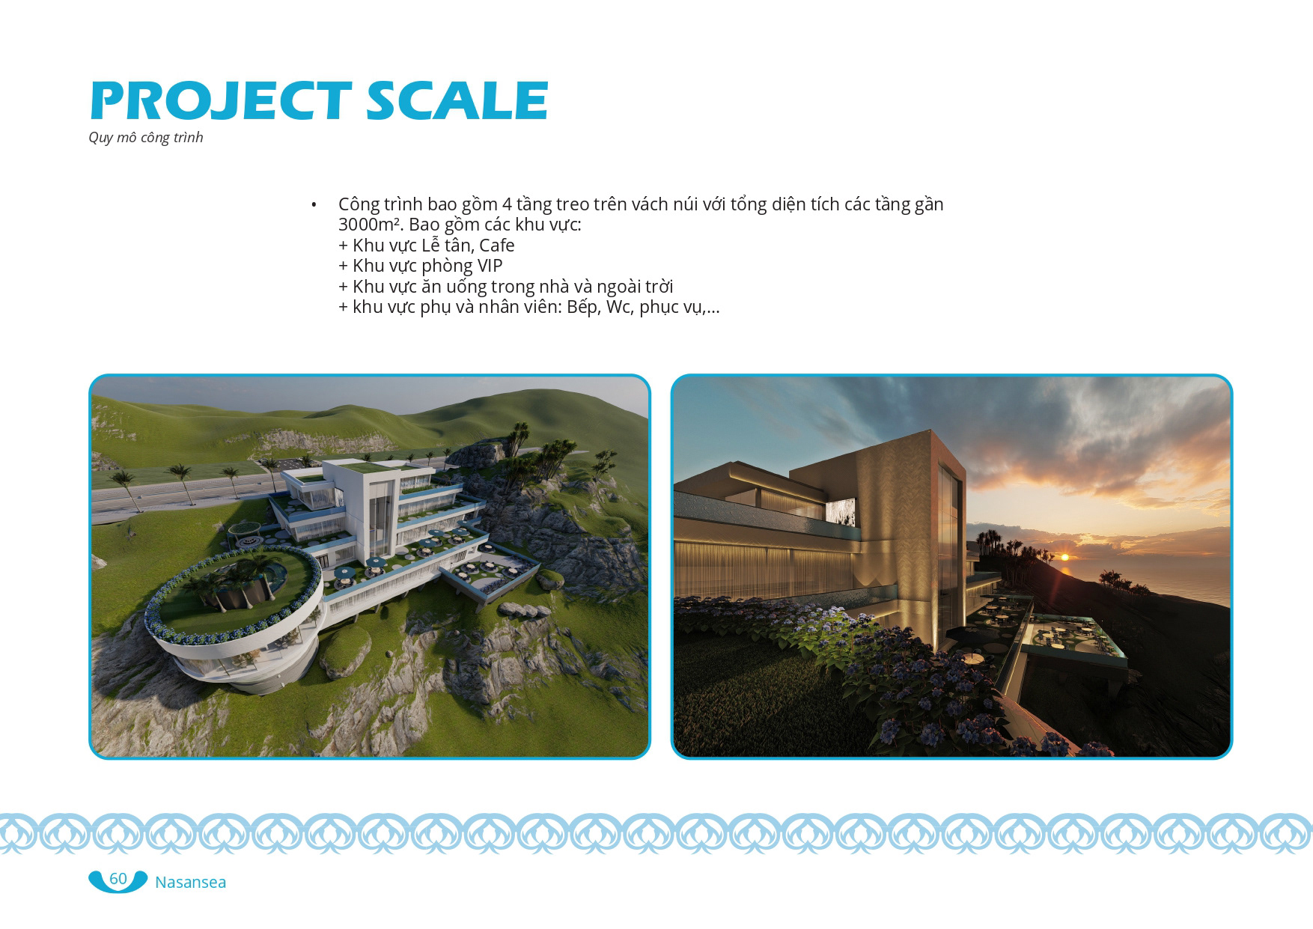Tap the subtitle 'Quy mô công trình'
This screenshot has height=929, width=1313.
(146, 138)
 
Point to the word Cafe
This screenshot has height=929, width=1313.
(496, 245)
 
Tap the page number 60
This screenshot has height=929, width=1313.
(118, 879)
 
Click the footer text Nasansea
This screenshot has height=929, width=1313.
(190, 883)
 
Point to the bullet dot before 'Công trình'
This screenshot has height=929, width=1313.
(314, 205)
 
